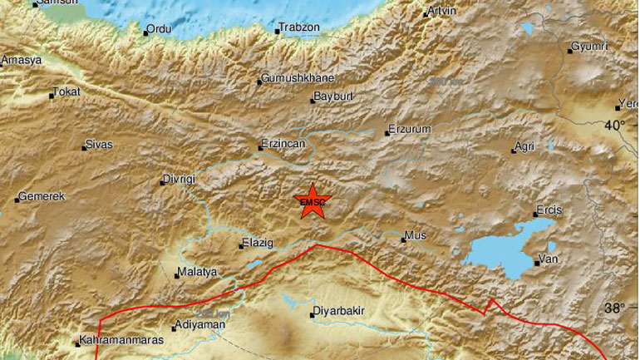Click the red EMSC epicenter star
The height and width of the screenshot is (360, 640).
coord(313,200)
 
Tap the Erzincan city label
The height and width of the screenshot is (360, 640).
coord(285,143)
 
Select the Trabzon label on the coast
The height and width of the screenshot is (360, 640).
coord(299,27)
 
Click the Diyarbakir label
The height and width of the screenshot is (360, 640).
coord(339,313)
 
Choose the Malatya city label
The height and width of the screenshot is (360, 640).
coord(198,272)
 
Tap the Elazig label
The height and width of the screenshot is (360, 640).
coord(257,244)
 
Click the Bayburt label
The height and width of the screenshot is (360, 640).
coord(335,96)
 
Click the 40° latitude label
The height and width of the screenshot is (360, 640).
coord(615,125)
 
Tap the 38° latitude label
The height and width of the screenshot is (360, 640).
coord(615,308)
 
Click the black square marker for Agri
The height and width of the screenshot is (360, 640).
coord(514,151)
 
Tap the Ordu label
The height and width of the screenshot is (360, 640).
coord(159,29)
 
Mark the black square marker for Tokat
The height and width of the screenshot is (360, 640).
coord(51,96)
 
